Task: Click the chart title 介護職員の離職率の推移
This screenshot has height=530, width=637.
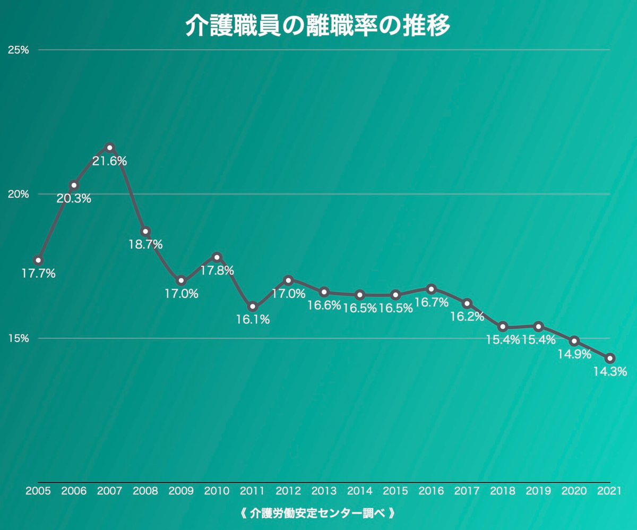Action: tap(317, 25)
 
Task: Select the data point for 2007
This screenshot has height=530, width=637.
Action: tap(109, 147)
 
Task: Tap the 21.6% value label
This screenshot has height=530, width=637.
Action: tap(109, 161)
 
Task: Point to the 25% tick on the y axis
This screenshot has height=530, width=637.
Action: tap(18, 50)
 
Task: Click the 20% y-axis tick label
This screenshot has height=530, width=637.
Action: tap(18, 194)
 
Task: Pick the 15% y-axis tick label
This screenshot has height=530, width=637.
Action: tap(18, 338)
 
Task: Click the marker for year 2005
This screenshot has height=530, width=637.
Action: tap(38, 260)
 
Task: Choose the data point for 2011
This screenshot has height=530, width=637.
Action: tap(253, 306)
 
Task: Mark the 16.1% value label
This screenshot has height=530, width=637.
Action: tap(253, 320)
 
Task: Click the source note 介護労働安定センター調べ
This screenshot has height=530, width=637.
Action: tap(317, 514)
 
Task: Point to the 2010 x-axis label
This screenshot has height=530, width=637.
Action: tap(217, 491)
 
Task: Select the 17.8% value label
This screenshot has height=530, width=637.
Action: tap(217, 270)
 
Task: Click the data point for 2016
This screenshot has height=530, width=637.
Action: tap(431, 289)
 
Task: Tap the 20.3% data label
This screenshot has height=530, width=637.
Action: tap(74, 199)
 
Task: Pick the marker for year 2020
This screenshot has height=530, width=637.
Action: tap(574, 340)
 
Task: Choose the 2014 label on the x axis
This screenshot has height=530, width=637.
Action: tap(359, 491)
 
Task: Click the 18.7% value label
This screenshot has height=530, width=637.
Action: tap(145, 245)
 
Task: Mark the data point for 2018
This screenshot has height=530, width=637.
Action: tap(503, 326)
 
